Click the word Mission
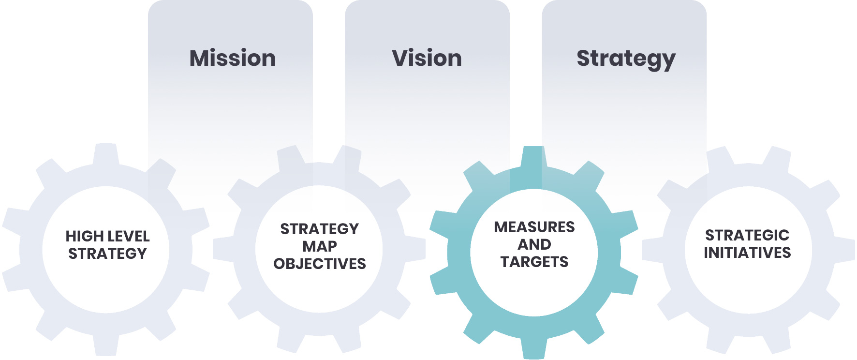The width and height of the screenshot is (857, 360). pyautogui.click(x=232, y=58)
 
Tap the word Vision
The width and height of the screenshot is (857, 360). pyautogui.click(x=427, y=58)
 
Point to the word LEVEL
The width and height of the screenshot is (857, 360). pyautogui.click(x=129, y=236)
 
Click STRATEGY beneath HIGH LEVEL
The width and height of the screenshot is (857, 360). pyautogui.click(x=107, y=254)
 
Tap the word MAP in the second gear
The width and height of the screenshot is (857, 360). pyautogui.click(x=320, y=246)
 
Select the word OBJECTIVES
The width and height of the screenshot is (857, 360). pyautogui.click(x=320, y=264)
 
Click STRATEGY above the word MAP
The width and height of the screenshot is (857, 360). pyautogui.click(x=320, y=229)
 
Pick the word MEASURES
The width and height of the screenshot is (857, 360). pyautogui.click(x=534, y=227)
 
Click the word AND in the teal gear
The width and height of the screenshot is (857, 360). pyautogui.click(x=534, y=244)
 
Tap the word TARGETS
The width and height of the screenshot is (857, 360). pyautogui.click(x=534, y=262)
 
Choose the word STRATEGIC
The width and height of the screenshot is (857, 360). pyautogui.click(x=747, y=235)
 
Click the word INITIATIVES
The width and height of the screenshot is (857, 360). pyautogui.click(x=747, y=253)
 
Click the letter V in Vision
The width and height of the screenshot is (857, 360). pyautogui.click(x=401, y=58)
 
